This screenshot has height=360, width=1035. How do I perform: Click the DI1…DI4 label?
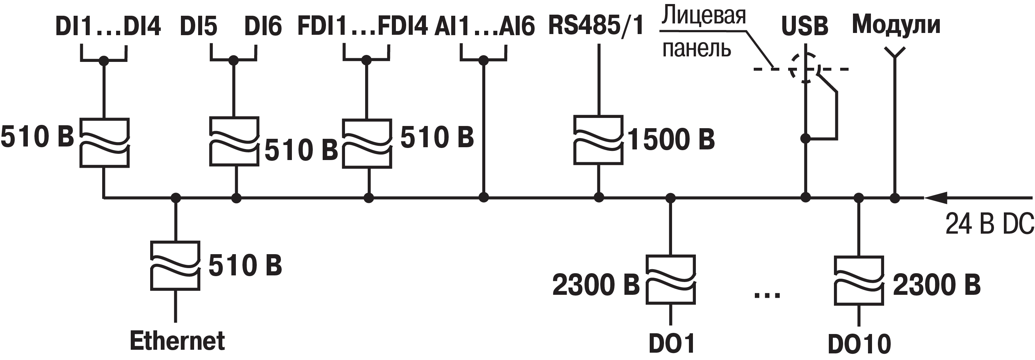pos(108,26)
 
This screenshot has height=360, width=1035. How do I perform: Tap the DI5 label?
pos(199,26)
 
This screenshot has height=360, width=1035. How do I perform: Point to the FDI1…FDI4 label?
pos(363,26)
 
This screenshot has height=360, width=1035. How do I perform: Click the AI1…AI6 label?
pos(485,26)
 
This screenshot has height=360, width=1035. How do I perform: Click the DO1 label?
pos(672,344)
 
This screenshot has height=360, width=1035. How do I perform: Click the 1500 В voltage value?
pos(671,140)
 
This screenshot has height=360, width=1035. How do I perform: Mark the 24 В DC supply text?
pos(990,224)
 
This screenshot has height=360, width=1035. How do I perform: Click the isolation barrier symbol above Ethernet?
pos(175,266)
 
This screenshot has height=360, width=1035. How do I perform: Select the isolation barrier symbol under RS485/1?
pos(599,140)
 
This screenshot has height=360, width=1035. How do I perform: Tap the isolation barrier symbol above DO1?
pos(671,280)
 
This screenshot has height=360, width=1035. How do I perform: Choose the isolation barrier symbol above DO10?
pos(858,281)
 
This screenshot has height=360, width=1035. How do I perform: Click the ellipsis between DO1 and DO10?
pos(767,295)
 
